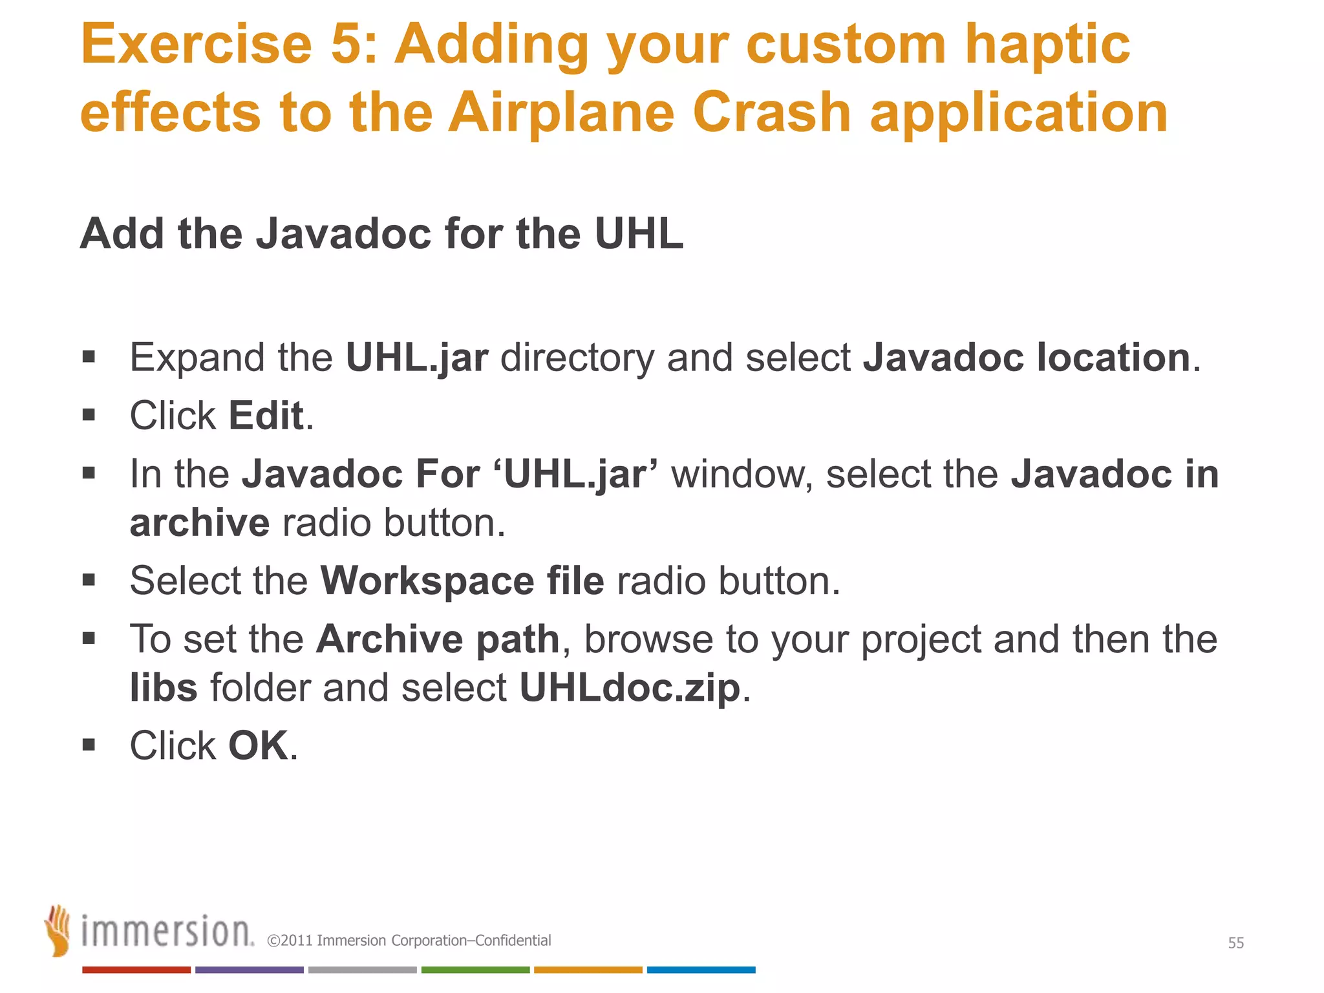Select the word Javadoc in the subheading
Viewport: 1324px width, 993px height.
coord(343,233)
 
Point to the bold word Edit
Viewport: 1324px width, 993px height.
coord(266,415)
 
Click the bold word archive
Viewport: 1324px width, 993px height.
coord(199,522)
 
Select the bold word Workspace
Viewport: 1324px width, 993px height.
coord(427,581)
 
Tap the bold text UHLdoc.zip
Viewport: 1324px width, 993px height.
coord(630,687)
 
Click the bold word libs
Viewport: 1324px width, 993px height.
coord(164,687)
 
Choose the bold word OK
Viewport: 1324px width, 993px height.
coord(258,745)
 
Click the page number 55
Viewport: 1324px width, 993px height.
coord(1235,943)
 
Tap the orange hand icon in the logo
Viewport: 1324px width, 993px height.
coord(58,930)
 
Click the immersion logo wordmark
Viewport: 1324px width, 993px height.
coord(167,933)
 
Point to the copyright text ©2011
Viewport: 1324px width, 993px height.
coord(290,941)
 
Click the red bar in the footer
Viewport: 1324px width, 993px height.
coord(136,970)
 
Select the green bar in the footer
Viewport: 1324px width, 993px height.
coord(475,970)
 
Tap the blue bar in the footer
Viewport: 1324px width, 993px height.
coord(701,970)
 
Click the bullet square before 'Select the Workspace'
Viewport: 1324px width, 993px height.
coord(89,580)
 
